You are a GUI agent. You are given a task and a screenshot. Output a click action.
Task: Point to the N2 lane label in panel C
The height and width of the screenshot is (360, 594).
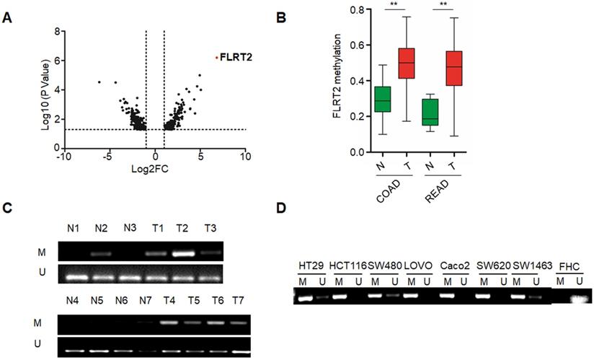click(102, 229)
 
